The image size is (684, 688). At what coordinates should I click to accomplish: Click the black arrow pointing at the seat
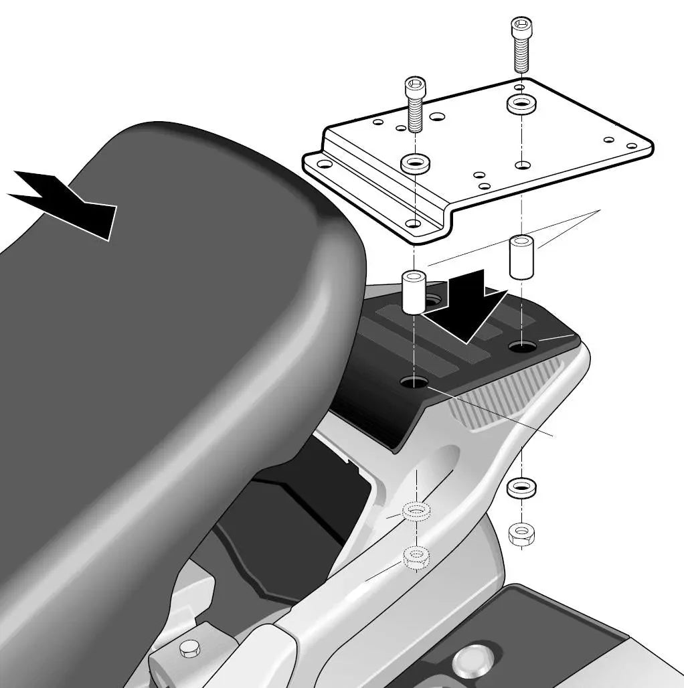tap(67, 201)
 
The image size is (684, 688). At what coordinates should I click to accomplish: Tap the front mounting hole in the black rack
tap(414, 381)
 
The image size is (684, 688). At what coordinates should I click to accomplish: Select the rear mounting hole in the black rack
tap(522, 346)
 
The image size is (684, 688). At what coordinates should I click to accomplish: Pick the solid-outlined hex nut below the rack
tap(521, 533)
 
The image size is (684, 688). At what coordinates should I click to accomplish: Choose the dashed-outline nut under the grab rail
tap(417, 555)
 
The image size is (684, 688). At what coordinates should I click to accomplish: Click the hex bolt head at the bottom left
tap(189, 648)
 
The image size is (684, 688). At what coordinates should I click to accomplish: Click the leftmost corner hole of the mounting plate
tap(324, 163)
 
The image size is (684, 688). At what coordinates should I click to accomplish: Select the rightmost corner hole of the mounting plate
tap(631, 146)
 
